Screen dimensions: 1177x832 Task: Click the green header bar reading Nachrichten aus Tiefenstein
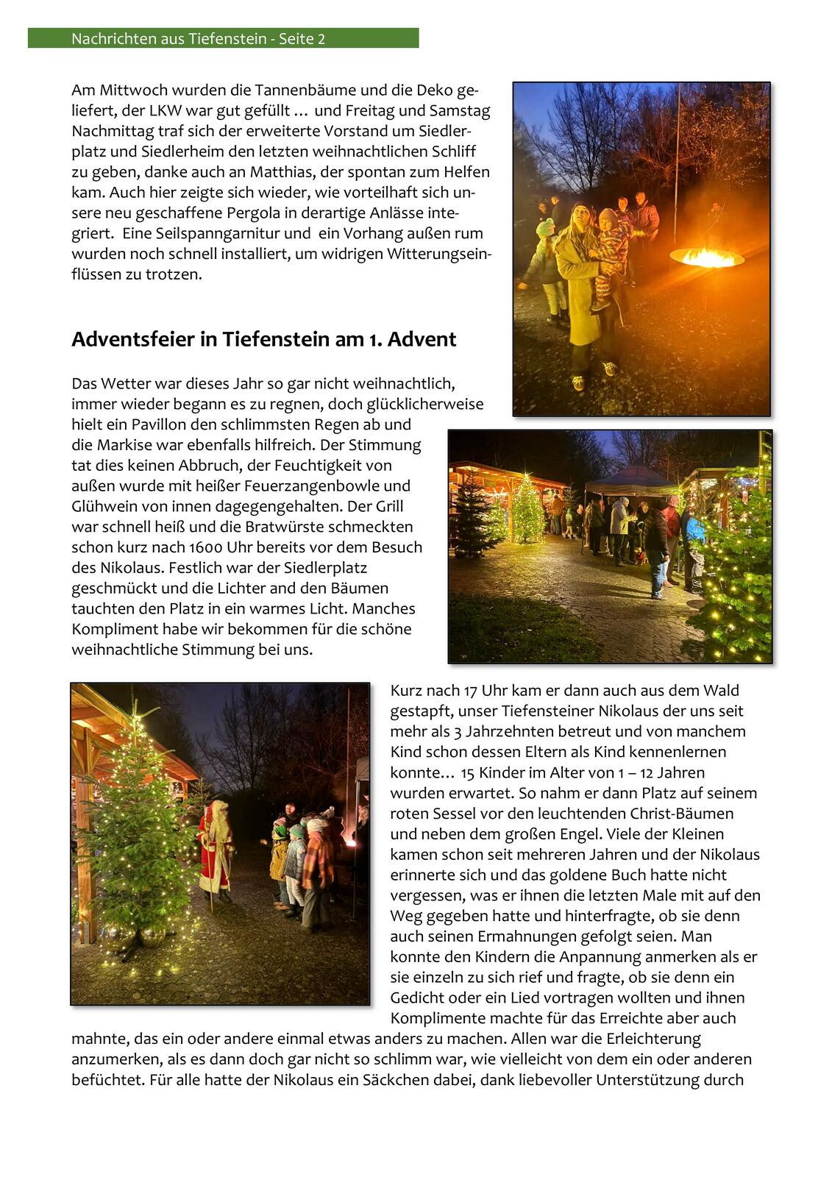point(223,38)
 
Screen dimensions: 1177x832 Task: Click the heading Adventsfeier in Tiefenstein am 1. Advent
point(263,339)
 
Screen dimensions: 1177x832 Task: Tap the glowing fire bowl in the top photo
point(706,257)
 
